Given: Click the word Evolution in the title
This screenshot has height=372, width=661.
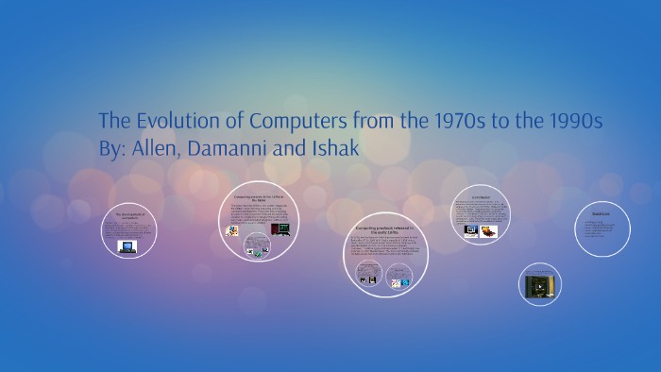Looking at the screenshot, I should pos(175,123).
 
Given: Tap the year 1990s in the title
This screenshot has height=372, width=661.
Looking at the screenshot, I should pos(569,123).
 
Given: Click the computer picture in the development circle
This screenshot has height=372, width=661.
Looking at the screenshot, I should pos(127,247).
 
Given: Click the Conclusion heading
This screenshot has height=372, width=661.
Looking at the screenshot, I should pos(487,196).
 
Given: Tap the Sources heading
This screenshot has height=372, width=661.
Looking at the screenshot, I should pos(602,215).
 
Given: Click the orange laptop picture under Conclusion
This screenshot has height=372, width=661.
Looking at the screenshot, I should pos(489,230).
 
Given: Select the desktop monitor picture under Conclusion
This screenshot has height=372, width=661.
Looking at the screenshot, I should pos(470,229).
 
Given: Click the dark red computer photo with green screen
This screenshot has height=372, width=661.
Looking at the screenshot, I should pos(280,228).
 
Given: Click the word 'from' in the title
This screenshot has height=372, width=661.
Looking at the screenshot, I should pos(394,123).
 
